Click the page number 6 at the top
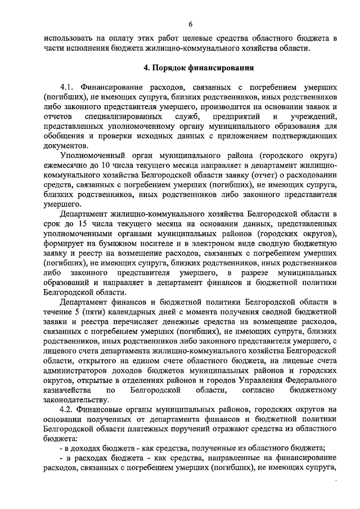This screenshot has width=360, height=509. click(191, 24)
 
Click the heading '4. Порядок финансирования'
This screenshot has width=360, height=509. click(191, 69)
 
